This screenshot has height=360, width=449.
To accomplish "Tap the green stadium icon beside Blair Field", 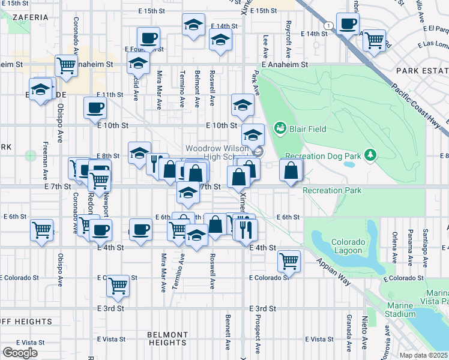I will coord(279,128).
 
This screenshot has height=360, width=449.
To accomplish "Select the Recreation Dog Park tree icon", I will coord(372,156).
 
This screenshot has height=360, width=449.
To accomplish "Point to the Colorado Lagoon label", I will coord(347,246).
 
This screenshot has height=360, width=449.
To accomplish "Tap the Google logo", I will coord(20,353).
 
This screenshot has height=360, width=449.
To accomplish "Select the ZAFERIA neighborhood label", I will coord(28,18).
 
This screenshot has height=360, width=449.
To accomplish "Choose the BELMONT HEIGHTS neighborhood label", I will coord(167,338).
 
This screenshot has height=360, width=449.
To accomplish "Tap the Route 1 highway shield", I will coord(330,25).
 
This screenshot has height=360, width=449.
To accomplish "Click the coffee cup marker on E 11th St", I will coord(95,108).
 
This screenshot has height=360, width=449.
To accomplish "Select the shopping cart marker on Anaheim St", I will coord(66,65).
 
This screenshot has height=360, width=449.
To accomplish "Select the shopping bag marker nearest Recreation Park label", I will coord(291,170).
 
